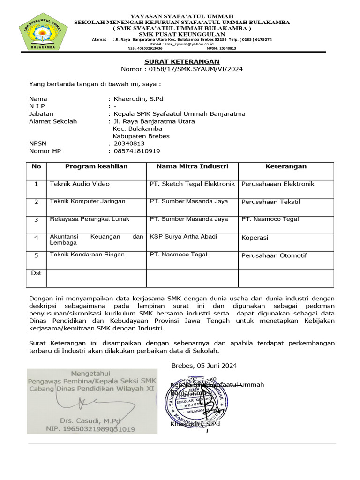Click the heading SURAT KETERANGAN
click(x=181, y=62)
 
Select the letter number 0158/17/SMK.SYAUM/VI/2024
click(x=195, y=69)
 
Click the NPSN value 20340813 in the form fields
click(x=129, y=143)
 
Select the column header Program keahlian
click(x=96, y=166)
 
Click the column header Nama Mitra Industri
click(x=192, y=166)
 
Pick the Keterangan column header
click(x=286, y=166)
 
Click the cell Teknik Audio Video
click(x=80, y=184)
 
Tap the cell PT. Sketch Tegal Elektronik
click(x=192, y=184)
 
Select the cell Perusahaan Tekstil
click(x=270, y=202)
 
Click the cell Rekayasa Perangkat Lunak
click(x=90, y=219)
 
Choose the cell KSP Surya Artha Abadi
click(x=183, y=237)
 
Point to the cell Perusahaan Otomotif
click(x=274, y=255)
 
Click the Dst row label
click(x=36, y=273)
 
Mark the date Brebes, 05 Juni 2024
click(x=204, y=366)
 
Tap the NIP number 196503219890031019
click(x=90, y=429)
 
